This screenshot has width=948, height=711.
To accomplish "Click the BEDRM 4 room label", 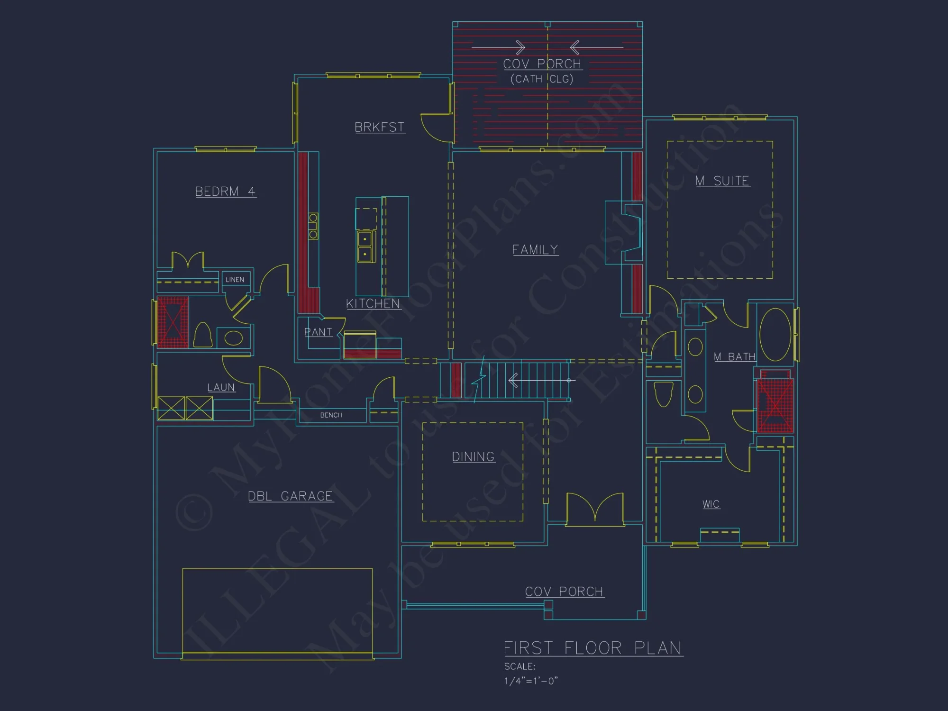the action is (226, 191).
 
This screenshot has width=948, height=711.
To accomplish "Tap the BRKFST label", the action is (380, 127).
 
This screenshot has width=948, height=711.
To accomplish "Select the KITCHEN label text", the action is (373, 303).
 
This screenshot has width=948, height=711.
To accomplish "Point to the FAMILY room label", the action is (535, 249).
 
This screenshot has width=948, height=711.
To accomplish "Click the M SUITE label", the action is (722, 181).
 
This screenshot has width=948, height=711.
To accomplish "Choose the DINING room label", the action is (474, 456).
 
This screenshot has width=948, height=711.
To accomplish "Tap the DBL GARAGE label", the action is (291, 496).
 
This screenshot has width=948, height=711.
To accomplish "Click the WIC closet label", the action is (711, 504).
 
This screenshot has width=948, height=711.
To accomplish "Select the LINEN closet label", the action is (235, 280).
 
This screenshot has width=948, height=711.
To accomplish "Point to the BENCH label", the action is (331, 415).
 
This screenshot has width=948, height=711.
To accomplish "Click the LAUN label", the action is (221, 387).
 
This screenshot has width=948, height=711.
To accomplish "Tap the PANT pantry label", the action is (318, 332).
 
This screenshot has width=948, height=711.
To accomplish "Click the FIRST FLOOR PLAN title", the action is (592, 648).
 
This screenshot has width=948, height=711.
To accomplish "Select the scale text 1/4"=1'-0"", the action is (531, 681).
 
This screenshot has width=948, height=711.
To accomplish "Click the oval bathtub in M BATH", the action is (775, 335).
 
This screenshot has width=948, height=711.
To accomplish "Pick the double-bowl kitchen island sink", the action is (365, 246).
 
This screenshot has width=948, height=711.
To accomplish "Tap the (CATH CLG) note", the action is (542, 79).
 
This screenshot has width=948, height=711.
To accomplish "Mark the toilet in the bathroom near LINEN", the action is (203, 335).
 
